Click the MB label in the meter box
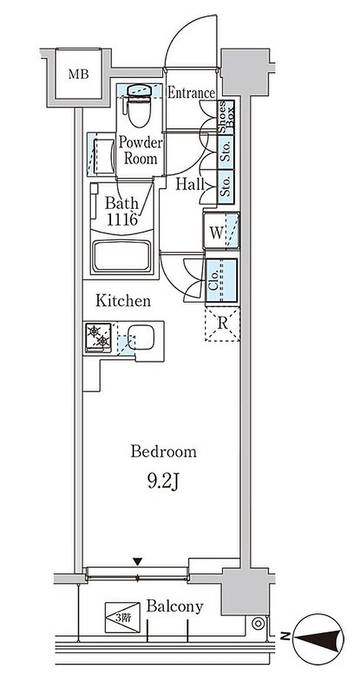coord(79,74)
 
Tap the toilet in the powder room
coord(138,105)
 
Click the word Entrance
coord(191,93)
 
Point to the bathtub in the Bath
coord(122,256)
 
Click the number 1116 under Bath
coord(122,219)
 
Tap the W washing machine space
coord(221,230)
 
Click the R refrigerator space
coord(223,324)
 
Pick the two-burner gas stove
coord(98,337)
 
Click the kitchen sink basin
coord(141,337)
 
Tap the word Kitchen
coord(123,301)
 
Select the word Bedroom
coord(163,452)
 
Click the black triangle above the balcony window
coord(137,562)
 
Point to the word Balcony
coord(175,607)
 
